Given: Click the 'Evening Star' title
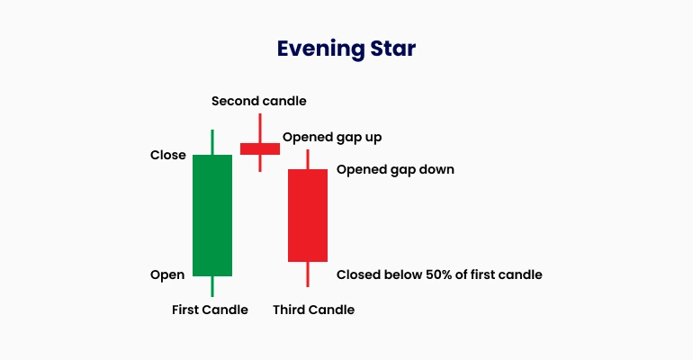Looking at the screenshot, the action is pyautogui.click(x=346, y=49).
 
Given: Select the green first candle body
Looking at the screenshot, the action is pyautogui.click(x=212, y=215).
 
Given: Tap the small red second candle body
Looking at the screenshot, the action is pyautogui.click(x=260, y=148).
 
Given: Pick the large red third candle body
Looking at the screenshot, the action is pyautogui.click(x=308, y=215).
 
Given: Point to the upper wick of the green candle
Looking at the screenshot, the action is pyautogui.click(x=212, y=142).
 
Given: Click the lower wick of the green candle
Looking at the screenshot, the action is pyautogui.click(x=212, y=286).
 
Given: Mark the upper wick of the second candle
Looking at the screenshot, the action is pyautogui.click(x=260, y=129).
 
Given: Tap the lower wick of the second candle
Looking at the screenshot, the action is pyautogui.click(x=260, y=163).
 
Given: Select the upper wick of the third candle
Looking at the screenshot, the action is pyautogui.click(x=308, y=159).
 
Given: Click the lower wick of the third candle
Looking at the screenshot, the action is pyautogui.click(x=308, y=274).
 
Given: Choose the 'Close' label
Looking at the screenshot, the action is pyautogui.click(x=168, y=155).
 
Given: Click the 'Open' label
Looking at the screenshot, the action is pyautogui.click(x=167, y=275).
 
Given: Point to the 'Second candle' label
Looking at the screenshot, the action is pyautogui.click(x=259, y=101).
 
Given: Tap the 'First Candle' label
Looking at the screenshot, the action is pyautogui.click(x=210, y=310).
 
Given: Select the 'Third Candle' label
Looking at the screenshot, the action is pyautogui.click(x=313, y=310).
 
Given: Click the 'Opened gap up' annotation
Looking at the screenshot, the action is pyautogui.click(x=332, y=138).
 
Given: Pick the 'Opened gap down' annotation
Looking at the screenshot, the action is pyautogui.click(x=395, y=170).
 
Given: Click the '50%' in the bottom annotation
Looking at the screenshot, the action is pyautogui.click(x=438, y=274).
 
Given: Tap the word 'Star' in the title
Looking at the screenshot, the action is pyautogui.click(x=393, y=48).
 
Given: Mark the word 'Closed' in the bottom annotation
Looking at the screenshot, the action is pyautogui.click(x=358, y=274).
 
